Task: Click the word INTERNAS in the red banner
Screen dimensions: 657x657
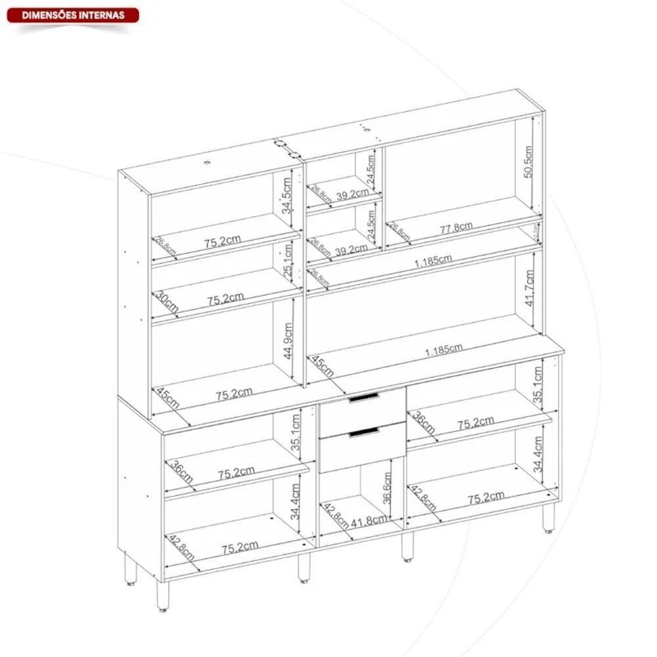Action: pos(100,15)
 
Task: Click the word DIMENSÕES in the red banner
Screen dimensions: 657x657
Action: pos(48,15)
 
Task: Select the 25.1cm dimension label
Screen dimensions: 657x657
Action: pos(288,258)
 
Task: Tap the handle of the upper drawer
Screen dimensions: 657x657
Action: pos(364,397)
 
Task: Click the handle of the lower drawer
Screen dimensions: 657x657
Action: pos(364,431)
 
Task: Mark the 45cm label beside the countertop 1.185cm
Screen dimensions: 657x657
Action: pos(322,367)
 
